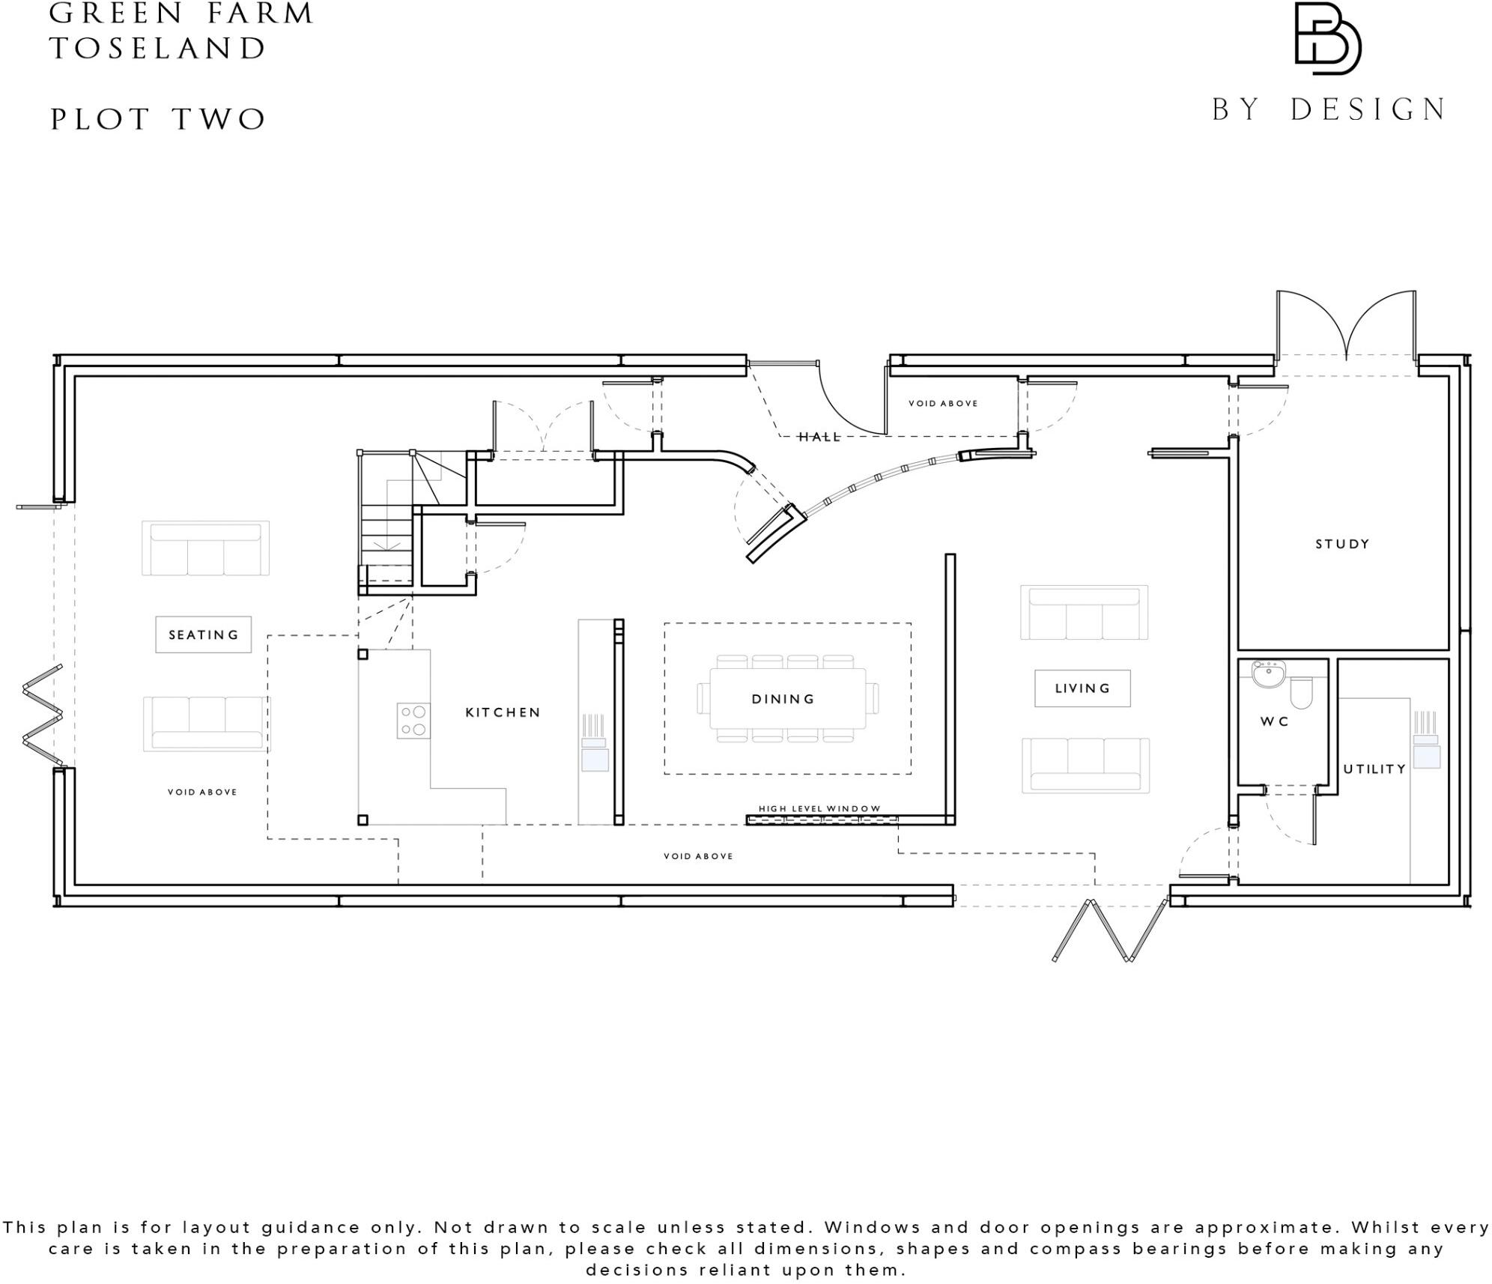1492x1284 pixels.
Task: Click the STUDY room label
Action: pos(1341,544)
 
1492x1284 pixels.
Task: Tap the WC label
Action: pos(1274,721)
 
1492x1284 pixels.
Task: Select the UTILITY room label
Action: pos(1374,769)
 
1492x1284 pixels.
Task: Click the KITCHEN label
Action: pos(503,712)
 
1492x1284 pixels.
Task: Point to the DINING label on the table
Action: pos(783,699)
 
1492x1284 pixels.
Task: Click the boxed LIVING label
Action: pos(1082,688)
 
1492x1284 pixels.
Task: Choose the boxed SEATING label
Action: pos(203,635)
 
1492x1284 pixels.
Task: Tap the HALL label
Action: pos(819,437)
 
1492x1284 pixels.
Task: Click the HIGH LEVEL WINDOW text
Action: pos(819,808)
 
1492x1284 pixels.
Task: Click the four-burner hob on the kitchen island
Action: pos(413,720)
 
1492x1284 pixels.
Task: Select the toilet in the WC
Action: pos(1302,692)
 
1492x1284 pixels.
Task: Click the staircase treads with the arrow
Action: pos(386,536)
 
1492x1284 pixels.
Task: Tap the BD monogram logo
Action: pos(1327,39)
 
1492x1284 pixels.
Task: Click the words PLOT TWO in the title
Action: pos(158,119)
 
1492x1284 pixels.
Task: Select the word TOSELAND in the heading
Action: pos(158,49)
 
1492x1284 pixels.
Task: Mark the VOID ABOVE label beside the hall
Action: pos(942,403)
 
